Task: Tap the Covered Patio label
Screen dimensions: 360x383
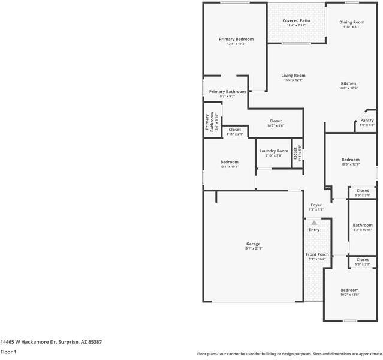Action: point(296,20)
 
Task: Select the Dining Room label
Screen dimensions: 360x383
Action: point(352,22)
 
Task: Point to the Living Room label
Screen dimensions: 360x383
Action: point(294,76)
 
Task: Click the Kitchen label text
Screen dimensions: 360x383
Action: point(348,83)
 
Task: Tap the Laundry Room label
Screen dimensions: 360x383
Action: point(273,151)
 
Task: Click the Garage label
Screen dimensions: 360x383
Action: point(253,244)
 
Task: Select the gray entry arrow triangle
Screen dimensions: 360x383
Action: point(314,222)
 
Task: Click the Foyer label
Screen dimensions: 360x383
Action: point(316,205)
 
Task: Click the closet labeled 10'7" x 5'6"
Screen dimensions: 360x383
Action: point(276,125)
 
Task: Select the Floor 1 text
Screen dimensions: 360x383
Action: point(8,352)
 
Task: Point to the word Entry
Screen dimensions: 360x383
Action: point(314,230)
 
